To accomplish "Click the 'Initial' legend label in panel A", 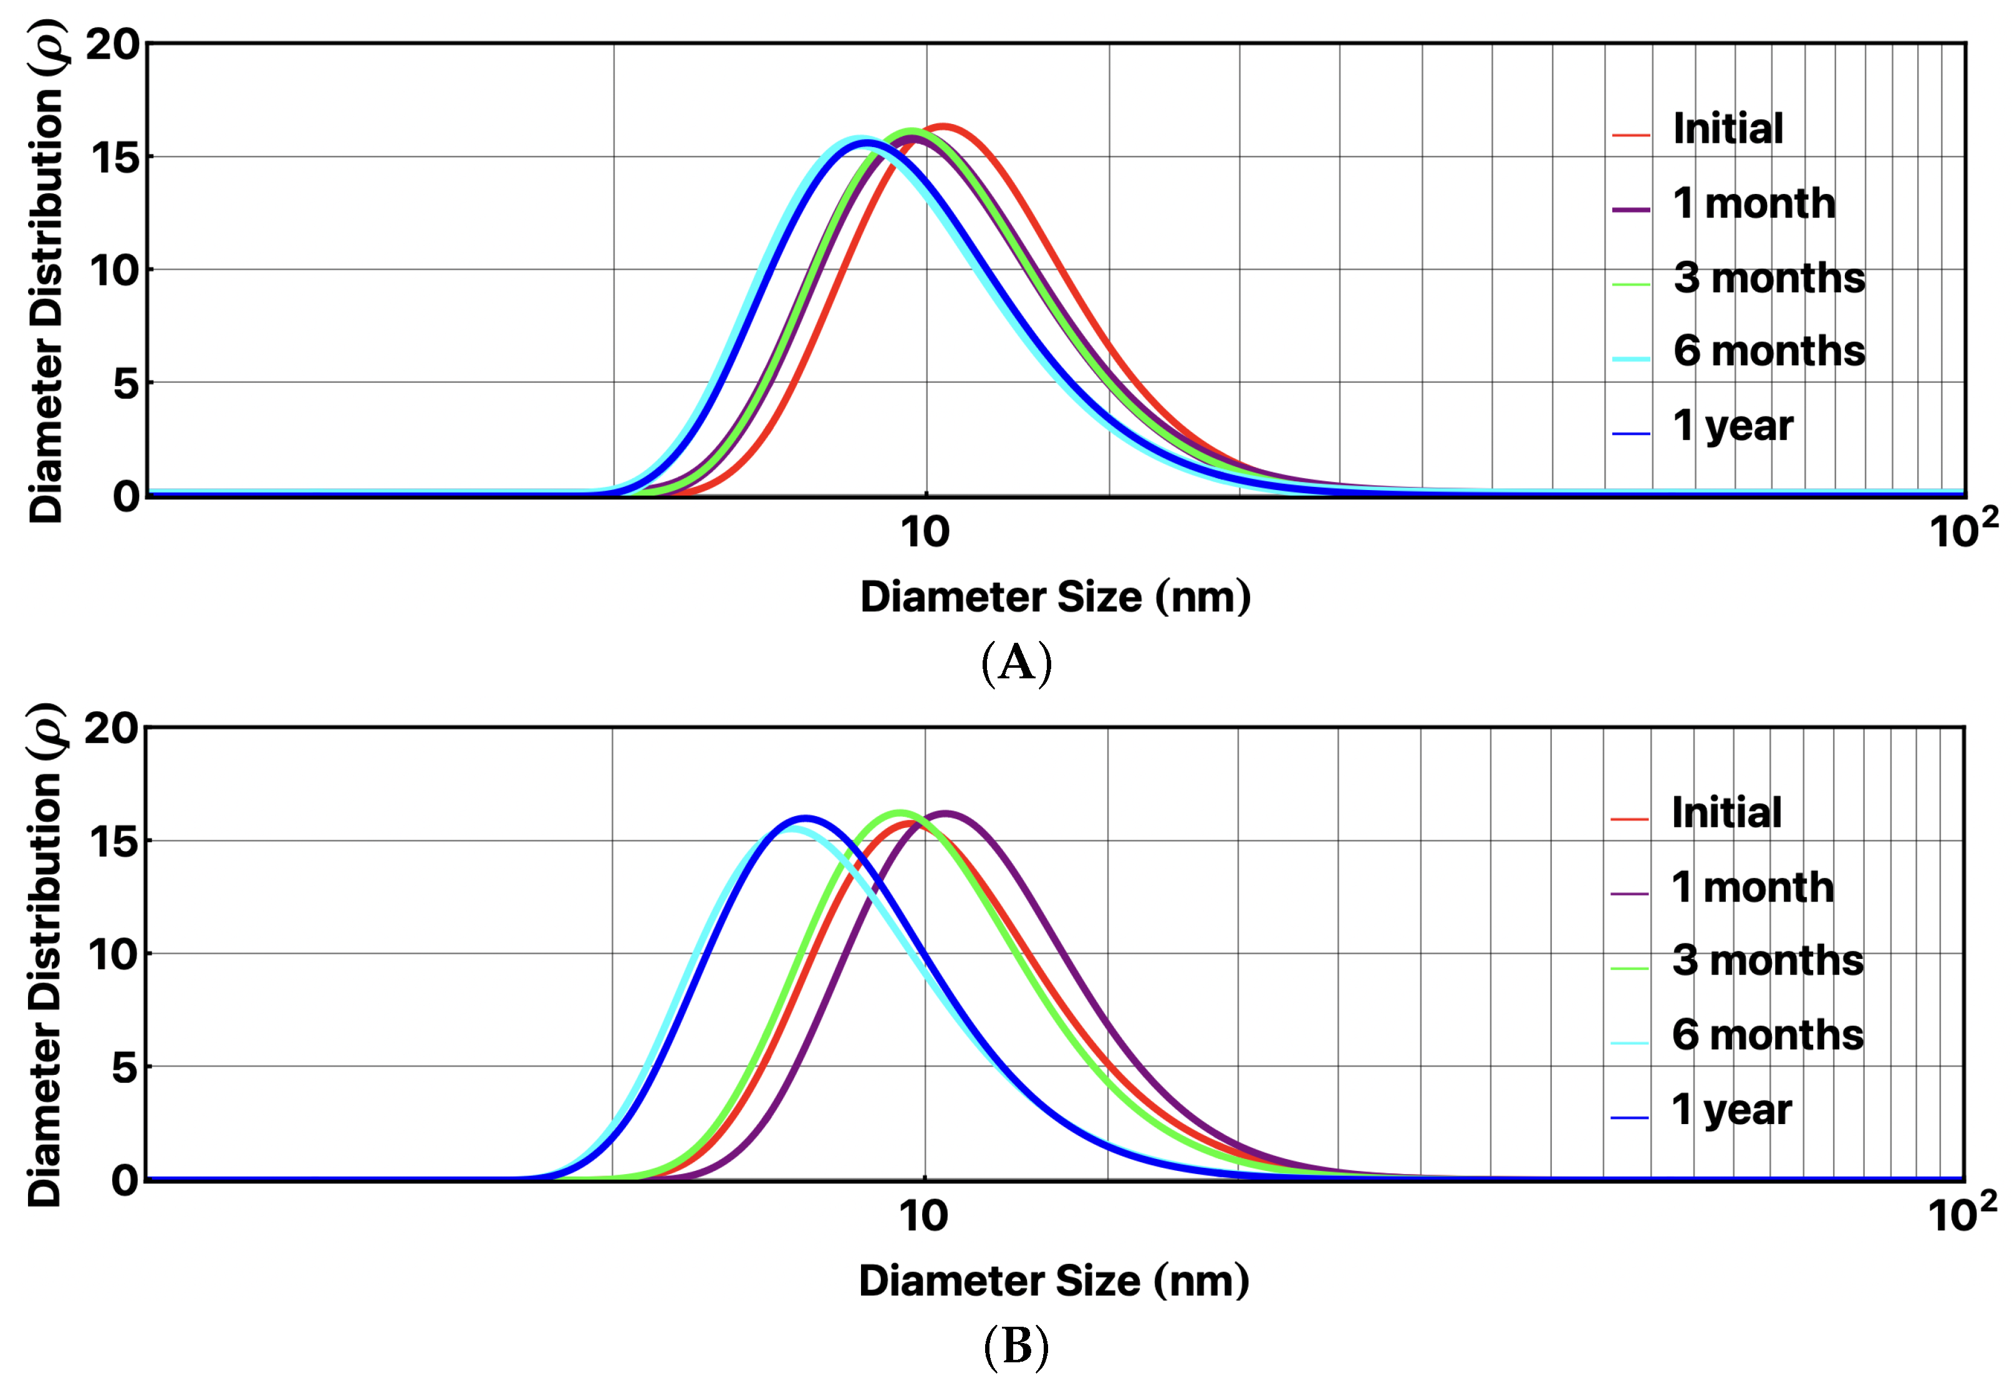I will point(1728,129).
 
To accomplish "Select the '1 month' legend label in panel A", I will point(1754,203).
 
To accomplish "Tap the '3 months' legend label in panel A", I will point(1769,278).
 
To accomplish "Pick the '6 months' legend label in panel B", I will point(1767,1035).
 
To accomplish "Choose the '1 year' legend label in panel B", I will point(1731,1109).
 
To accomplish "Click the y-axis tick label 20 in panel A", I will point(113,44).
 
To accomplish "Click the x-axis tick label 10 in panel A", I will point(925,532).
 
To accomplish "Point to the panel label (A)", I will point(1016,664).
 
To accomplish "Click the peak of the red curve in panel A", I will point(943,127).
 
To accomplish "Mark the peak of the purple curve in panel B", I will point(945,813).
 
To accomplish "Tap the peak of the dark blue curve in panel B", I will point(805,817).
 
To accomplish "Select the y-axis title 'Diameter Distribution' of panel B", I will point(45,957).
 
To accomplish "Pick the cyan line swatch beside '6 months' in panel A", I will point(1631,358).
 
